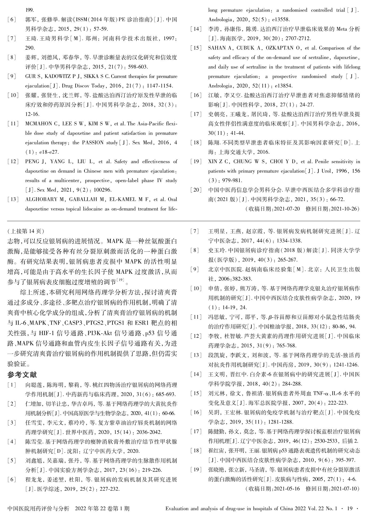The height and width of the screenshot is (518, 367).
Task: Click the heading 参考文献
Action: pos(22,375)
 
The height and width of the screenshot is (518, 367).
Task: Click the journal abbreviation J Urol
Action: pos(337,171)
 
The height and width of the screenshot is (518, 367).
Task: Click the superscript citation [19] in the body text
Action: pos(121,280)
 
